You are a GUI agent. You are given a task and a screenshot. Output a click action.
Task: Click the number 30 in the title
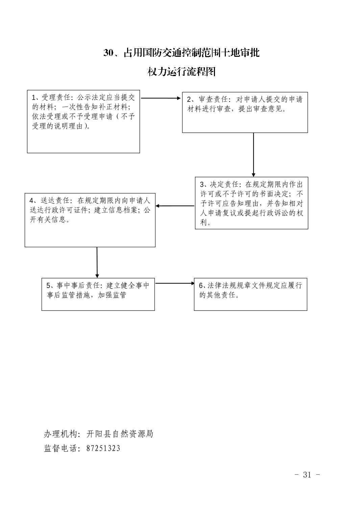point(108,53)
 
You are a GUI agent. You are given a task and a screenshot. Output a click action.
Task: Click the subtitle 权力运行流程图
point(181,72)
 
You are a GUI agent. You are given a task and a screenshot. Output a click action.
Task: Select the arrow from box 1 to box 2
point(161,98)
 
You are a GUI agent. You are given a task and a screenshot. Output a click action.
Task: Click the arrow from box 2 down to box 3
point(253,155)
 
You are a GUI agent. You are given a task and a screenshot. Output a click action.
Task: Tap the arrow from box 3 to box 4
point(175,206)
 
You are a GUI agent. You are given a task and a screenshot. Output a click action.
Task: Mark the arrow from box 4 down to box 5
point(97,262)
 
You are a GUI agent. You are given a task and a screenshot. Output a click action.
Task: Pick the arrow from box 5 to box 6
point(175,283)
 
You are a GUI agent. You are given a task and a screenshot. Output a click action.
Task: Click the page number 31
point(307,474)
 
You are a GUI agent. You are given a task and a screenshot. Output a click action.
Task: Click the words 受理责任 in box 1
point(56,97)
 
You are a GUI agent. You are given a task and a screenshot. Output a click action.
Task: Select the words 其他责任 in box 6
point(221,295)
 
